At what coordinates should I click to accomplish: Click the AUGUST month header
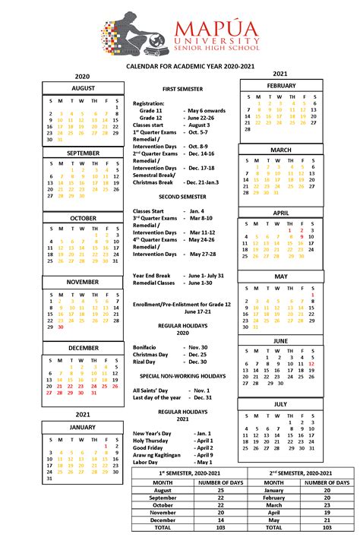[x=83, y=88]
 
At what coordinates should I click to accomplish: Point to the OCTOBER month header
[x=83, y=218]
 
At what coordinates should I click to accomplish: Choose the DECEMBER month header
[x=83, y=348]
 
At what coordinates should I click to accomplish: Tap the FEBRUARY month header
[x=280, y=86]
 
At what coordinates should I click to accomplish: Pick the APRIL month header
[x=280, y=213]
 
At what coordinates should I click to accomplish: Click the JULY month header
[x=280, y=404]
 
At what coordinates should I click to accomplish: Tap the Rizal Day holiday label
[x=147, y=362]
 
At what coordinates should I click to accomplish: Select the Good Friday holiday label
[x=148, y=447]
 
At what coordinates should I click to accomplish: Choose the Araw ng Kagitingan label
[x=156, y=454]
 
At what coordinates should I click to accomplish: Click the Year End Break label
[x=152, y=275]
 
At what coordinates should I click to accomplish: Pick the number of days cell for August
[x=221, y=491]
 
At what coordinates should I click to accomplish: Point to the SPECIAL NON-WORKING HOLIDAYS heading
[x=182, y=376]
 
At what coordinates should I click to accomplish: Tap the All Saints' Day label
[x=150, y=390]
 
